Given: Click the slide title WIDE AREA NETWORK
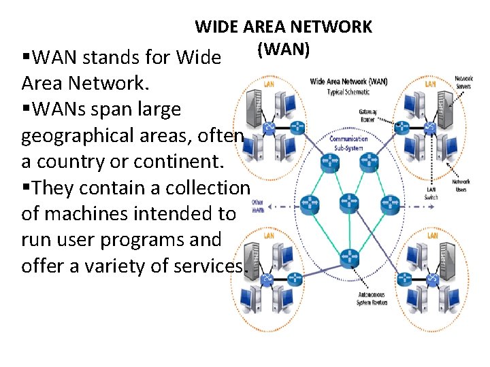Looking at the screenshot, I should (283, 27).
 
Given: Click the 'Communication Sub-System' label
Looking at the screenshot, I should (348, 142).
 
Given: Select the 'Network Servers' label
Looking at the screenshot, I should (463, 82).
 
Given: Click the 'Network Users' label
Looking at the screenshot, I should (461, 186).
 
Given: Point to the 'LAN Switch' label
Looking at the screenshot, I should (431, 193).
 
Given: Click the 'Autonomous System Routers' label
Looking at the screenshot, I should (372, 298).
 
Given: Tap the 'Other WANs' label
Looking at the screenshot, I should (257, 205).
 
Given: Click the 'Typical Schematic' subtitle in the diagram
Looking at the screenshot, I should (348, 91).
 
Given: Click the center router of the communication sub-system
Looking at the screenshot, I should (348, 202).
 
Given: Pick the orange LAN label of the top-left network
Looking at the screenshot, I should (269, 84).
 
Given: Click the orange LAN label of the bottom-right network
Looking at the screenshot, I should (432, 235).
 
